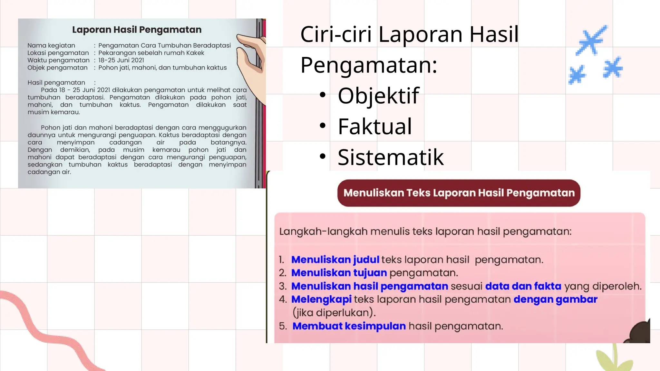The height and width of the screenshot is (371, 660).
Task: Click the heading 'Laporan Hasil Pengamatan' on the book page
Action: coord(137,30)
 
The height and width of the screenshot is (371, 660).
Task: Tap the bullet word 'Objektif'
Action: coord(378,96)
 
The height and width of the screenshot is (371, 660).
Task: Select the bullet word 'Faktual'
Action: coord(375,126)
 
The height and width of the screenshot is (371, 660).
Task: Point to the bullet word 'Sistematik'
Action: coord(391,157)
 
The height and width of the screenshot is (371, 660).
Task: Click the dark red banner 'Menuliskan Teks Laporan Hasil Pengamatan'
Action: coord(459,193)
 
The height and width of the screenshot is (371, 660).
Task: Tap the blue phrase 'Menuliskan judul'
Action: coord(335,260)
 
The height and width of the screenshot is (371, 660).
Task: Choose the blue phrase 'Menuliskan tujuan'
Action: coord(339,273)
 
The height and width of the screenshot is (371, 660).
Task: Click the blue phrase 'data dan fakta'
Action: coord(523,286)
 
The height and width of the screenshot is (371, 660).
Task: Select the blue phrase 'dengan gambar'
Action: coord(555,299)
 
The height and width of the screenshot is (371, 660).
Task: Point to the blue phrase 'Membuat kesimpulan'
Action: coord(349,326)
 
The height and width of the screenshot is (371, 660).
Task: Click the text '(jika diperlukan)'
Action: coord(334,312)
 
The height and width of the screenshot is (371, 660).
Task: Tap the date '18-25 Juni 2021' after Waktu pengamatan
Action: coord(121,60)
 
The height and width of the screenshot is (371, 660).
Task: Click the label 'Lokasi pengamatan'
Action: coord(58,53)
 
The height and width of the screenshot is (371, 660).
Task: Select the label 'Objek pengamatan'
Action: coord(57,68)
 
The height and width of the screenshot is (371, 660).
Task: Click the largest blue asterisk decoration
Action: coord(592,40)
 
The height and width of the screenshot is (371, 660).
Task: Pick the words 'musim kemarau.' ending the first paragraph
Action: coord(54,112)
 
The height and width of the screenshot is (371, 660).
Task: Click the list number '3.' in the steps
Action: coord(283,286)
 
